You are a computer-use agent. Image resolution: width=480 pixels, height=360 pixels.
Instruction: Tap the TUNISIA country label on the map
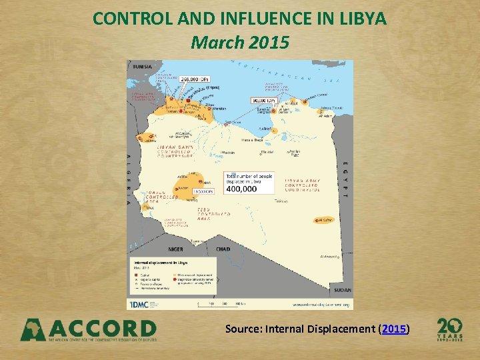[142, 67]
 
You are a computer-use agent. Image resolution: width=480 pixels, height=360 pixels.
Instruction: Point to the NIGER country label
[175, 249]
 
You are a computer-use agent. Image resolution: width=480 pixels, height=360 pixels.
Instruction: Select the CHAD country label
[223, 249]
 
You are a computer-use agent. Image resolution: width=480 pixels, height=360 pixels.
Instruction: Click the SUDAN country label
[342, 291]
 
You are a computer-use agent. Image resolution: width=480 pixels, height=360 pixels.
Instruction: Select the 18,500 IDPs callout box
[202, 191]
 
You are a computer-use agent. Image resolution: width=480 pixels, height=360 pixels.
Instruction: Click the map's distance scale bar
[221, 303]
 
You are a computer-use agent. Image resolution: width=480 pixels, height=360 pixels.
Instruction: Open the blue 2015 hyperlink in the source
[394, 329]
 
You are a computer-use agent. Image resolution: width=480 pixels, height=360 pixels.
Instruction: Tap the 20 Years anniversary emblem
[449, 329]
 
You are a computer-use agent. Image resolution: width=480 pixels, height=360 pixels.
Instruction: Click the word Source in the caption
[244, 329]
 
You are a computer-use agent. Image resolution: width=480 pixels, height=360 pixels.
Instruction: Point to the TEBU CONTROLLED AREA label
[213, 213]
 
